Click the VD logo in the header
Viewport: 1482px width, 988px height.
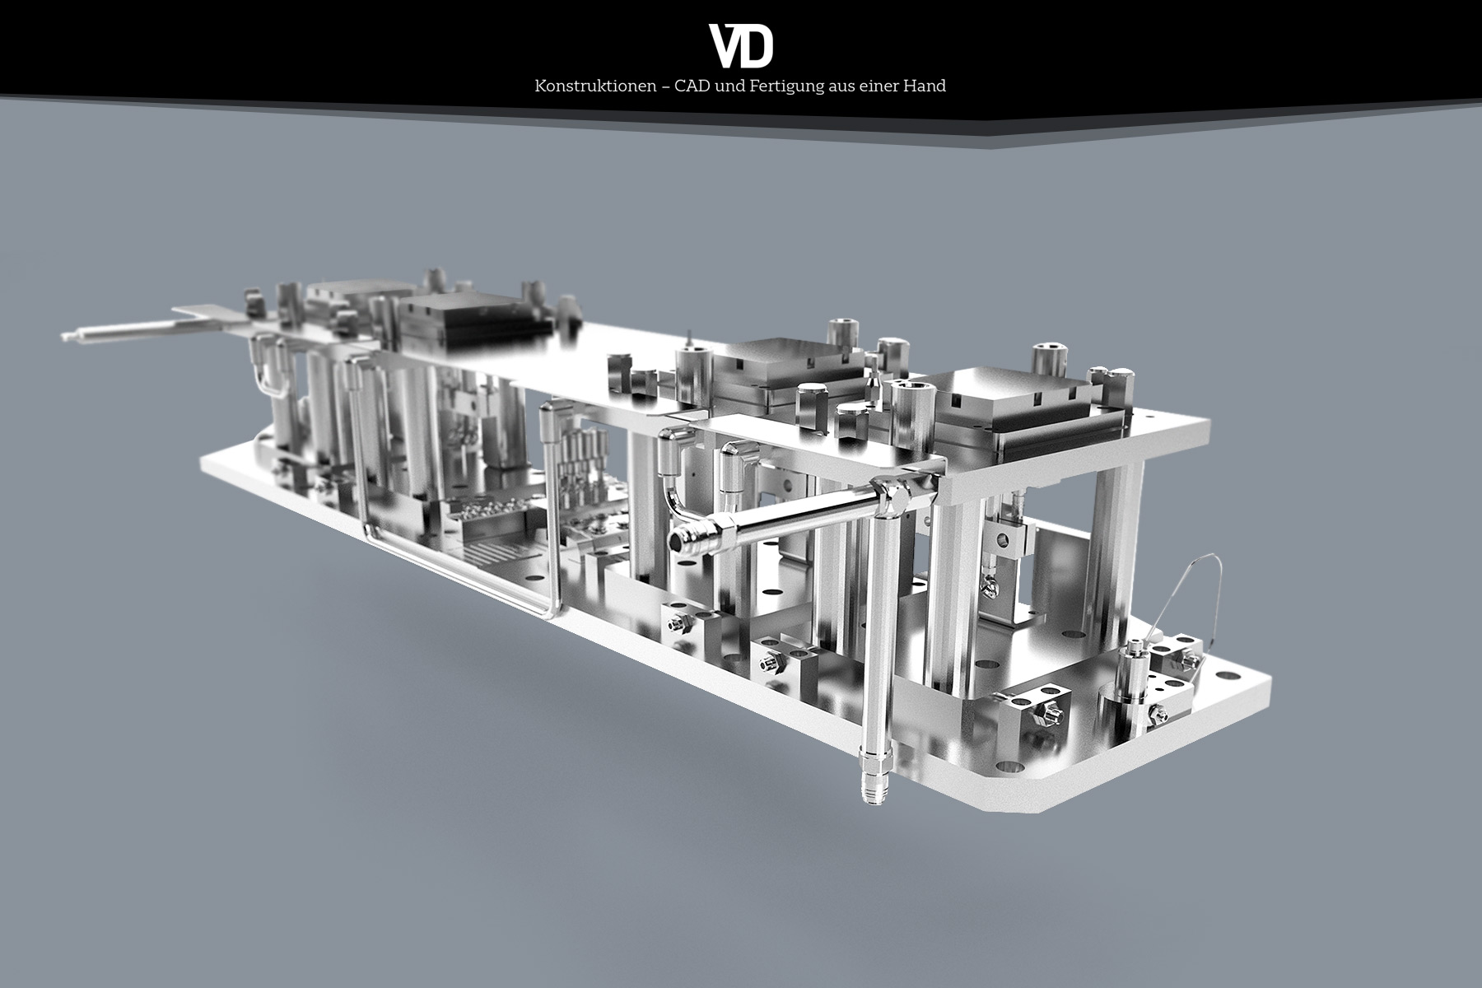point(741,46)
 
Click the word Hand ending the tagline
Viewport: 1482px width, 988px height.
point(928,86)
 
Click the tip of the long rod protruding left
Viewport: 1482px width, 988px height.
point(64,335)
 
